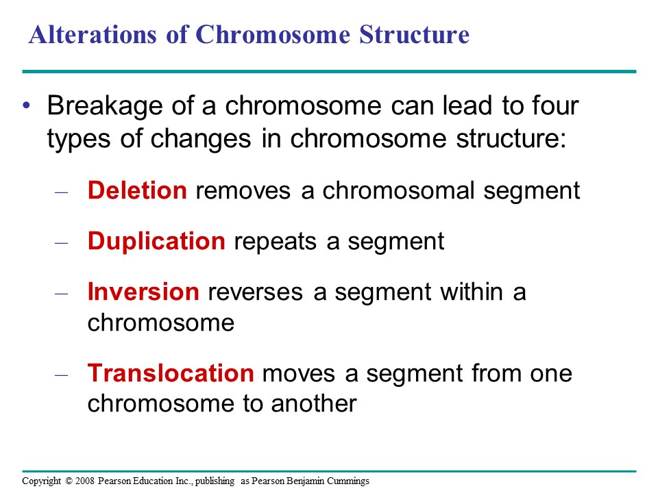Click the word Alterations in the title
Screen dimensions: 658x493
pos(93,34)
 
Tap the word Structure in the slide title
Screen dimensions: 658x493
pos(414,34)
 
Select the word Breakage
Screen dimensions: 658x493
pos(104,107)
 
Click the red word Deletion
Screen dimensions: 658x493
pos(137,190)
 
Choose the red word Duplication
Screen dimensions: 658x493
pos(156,242)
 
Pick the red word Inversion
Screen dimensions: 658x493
pos(143,292)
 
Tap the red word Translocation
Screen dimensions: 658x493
pos(171,372)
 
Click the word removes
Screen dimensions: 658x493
pos(243,192)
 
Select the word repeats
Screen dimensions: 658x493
pos(275,242)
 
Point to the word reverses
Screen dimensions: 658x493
pos(255,293)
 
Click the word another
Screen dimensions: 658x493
pos(314,404)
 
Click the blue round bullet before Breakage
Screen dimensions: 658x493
pos(27,105)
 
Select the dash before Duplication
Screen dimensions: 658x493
pos(61,243)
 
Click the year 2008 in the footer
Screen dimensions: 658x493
pos(85,481)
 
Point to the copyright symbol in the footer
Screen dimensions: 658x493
pos(69,481)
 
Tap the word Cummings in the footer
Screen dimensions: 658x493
pos(348,481)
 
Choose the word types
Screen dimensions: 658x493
pos(79,140)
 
